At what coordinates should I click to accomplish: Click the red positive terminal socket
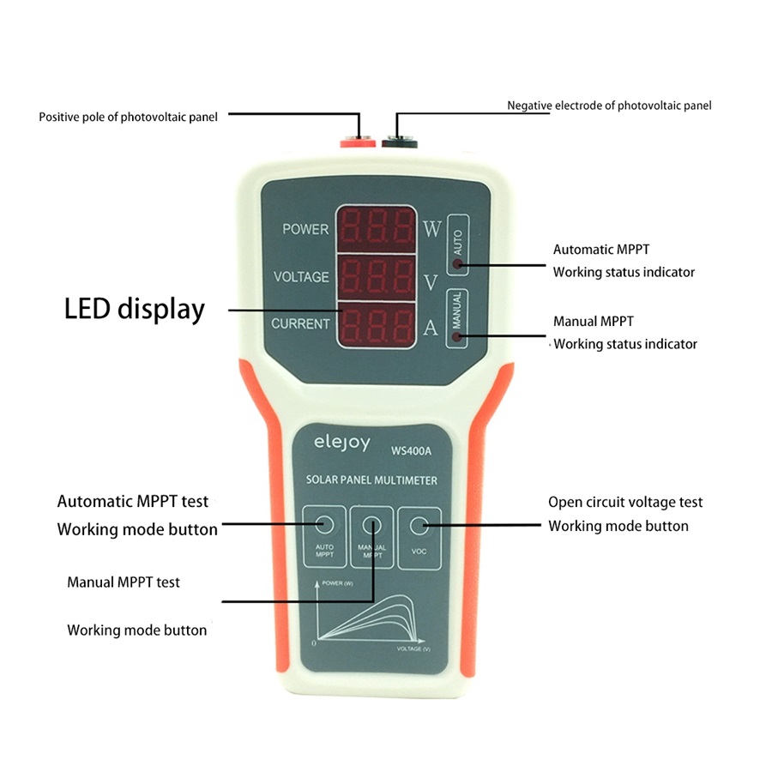356,141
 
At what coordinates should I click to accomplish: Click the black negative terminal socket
400,141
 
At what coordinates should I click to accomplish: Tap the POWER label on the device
305,230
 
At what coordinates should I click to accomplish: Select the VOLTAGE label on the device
301,277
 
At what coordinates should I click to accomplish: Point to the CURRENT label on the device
300,324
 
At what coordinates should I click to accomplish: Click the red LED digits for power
377,227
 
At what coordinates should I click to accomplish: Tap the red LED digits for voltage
377,276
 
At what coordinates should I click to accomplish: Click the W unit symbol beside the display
431,229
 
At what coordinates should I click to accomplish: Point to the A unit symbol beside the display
431,328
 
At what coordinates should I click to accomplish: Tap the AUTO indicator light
458,264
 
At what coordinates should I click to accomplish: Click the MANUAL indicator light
458,336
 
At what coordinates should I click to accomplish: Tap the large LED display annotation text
135,309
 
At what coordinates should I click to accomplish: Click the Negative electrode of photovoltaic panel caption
609,106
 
